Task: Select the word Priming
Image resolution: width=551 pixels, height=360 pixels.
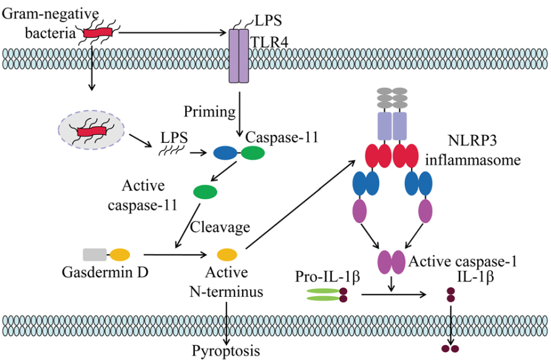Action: click(x=210, y=112)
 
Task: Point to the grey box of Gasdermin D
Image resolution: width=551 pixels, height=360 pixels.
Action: click(x=94, y=254)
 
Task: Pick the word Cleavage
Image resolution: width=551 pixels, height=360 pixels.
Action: click(x=220, y=227)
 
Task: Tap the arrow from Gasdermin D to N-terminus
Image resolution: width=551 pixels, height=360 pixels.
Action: click(x=175, y=254)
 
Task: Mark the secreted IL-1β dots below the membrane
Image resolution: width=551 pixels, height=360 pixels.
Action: click(x=450, y=349)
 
